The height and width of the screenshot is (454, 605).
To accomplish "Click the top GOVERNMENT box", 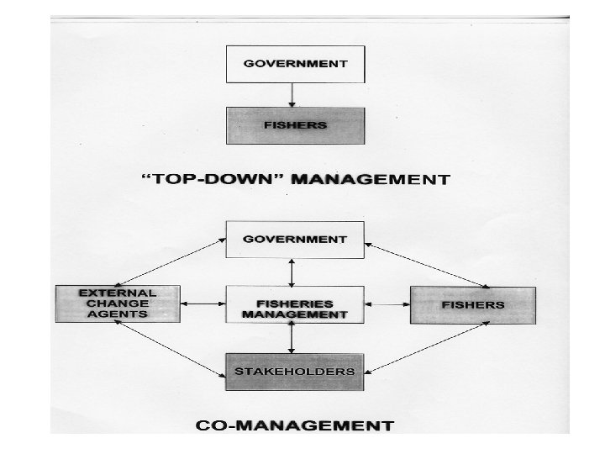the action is tap(294, 65).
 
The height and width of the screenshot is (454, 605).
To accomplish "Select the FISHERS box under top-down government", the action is tap(294, 125).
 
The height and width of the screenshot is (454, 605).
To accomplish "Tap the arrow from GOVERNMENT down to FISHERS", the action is tap(291, 94).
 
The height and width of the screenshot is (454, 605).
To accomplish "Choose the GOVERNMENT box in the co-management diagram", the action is tap(294, 240).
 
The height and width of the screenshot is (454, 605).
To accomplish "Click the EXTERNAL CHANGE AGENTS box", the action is tap(118, 303).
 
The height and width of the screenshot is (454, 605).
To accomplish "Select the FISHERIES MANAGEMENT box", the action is tap(294, 304).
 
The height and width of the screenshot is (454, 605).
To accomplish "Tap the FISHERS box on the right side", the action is tap(472, 304).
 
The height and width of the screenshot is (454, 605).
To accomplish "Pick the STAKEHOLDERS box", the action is tap(294, 371).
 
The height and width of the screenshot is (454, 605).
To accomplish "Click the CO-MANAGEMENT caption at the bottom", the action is tap(295, 425).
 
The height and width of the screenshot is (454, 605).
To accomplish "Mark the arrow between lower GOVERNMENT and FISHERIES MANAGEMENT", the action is tap(292, 272).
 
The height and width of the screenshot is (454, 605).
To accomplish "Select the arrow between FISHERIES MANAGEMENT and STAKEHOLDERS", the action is tap(292, 338).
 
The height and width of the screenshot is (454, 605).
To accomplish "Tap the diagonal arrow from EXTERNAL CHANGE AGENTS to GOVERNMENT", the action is tap(170, 262).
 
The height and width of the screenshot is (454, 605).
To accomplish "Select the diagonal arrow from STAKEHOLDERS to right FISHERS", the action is tap(429, 346).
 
